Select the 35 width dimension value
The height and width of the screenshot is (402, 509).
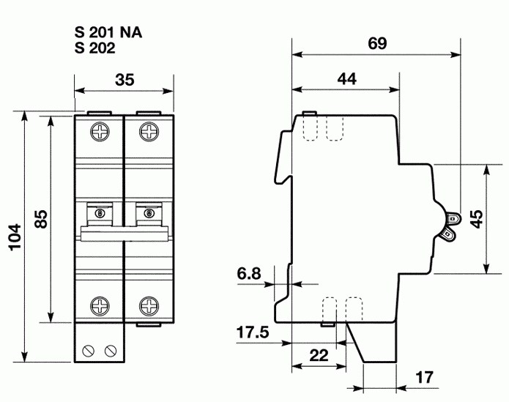coord(125,81)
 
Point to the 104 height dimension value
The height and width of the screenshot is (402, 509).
coord(15,237)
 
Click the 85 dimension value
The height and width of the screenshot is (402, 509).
coord(41,219)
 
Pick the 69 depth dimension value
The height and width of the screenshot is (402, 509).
coord(376,43)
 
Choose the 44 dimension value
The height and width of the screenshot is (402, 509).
coord(346,80)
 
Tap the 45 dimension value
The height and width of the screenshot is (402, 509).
coord(476,219)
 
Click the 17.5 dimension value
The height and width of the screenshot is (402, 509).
coord(253,334)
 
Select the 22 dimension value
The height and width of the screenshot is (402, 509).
coord(318,356)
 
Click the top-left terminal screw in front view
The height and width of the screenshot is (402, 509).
coord(99,133)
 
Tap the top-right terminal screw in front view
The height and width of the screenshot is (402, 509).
coord(149,133)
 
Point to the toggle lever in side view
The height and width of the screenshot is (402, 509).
coord(450,225)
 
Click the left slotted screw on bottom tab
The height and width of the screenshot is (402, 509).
coord(92,349)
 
